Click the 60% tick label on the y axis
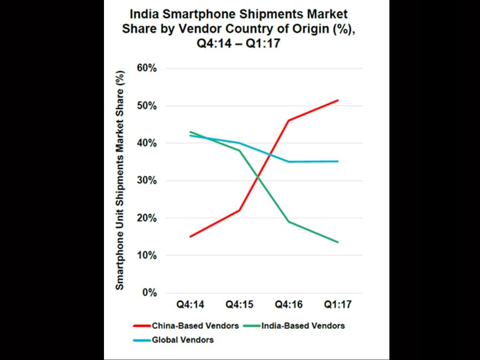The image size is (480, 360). [146, 68]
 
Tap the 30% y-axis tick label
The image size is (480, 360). [146, 180]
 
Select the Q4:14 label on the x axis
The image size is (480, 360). [190, 305]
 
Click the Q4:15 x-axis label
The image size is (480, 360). [239, 305]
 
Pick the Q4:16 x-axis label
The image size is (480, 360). [289, 305]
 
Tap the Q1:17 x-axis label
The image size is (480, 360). [338, 305]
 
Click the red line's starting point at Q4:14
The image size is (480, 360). [190, 237]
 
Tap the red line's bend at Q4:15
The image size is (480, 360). [239, 210]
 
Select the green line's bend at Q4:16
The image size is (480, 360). [289, 221]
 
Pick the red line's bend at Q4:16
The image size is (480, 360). [289, 121]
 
